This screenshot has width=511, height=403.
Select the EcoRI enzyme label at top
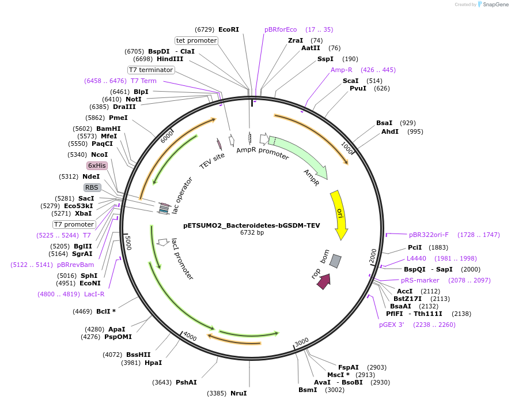[228, 29]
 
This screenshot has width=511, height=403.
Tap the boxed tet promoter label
[196, 40]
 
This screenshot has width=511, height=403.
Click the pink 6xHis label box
[97, 165]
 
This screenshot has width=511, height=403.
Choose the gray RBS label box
[92, 187]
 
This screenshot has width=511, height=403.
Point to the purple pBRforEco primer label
[281, 29]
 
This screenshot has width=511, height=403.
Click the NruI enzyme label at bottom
[239, 393]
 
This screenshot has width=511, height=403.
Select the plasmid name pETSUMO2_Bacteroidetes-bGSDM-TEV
[251, 225]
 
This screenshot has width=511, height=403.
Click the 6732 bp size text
[252, 233]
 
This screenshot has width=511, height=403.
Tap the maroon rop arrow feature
[323, 281]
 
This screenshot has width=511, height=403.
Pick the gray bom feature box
[335, 261]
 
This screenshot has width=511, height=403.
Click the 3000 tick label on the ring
[302, 343]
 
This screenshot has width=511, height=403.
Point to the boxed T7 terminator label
[151, 70]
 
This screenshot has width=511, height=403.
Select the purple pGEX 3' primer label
[391, 325]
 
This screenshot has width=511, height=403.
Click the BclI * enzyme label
[105, 311]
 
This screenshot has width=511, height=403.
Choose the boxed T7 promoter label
[74, 224]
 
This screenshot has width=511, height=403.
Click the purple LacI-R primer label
[94, 294]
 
